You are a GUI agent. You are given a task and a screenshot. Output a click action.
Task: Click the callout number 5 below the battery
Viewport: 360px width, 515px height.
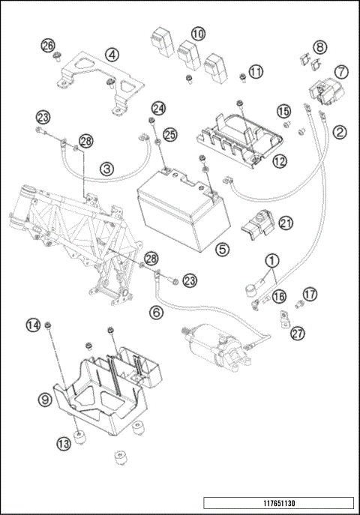click(x=222, y=250)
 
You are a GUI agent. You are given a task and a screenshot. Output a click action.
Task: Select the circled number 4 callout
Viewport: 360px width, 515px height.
click(x=112, y=55)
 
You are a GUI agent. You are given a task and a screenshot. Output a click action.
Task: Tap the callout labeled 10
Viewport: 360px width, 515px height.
click(x=198, y=33)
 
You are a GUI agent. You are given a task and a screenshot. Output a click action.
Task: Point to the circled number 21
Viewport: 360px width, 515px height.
click(x=286, y=223)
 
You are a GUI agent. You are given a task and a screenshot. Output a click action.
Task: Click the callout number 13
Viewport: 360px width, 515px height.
click(x=64, y=444)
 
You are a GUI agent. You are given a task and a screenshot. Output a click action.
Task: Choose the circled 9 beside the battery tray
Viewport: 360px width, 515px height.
click(x=45, y=400)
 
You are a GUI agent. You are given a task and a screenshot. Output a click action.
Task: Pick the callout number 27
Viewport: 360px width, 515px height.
click(x=298, y=334)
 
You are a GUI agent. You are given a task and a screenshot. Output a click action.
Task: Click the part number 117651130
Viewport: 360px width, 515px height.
click(x=279, y=503)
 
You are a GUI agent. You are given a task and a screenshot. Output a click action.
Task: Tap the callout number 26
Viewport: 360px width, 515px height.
click(x=48, y=45)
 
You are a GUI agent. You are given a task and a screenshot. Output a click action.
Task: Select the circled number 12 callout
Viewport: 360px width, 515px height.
click(x=280, y=161)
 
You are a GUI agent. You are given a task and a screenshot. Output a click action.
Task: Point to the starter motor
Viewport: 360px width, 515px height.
click(x=217, y=348)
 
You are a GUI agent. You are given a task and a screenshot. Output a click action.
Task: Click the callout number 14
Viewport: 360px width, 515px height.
click(x=33, y=325)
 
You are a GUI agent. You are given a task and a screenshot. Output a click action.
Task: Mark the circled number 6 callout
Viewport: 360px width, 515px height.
click(x=156, y=312)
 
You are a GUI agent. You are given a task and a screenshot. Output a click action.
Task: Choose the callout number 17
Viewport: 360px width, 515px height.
click(x=310, y=294)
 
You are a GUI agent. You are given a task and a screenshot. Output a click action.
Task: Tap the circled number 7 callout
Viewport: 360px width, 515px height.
click(x=341, y=71)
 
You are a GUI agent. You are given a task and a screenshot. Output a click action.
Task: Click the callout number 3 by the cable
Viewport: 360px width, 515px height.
click(x=107, y=169)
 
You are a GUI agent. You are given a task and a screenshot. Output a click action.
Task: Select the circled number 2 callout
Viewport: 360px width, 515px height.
click(x=340, y=132)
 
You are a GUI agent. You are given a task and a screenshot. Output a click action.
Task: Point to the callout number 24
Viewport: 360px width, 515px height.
click(x=159, y=108)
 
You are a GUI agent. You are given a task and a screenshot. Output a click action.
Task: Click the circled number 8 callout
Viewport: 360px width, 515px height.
click(x=320, y=47)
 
